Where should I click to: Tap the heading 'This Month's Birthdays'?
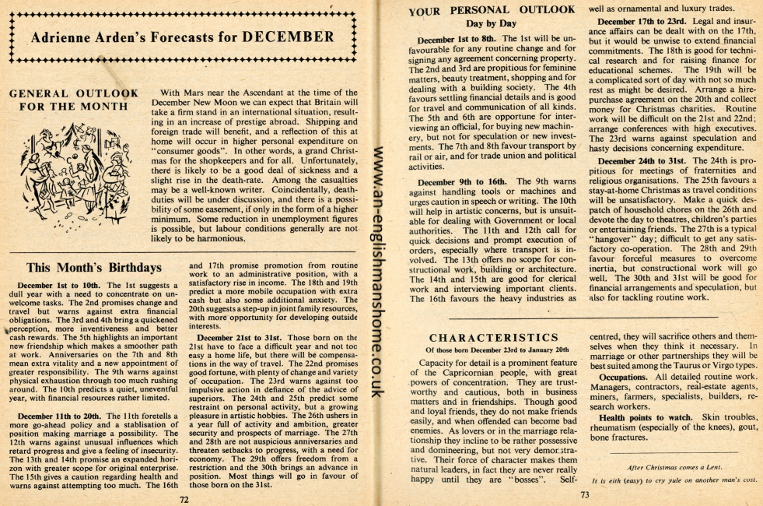click(94, 268)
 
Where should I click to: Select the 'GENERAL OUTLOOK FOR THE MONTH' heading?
click(73, 100)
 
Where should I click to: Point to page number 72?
click(184, 500)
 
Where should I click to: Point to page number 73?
click(584, 494)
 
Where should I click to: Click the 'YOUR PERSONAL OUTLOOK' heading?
click(491, 10)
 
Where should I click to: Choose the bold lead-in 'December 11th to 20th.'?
click(61, 416)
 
